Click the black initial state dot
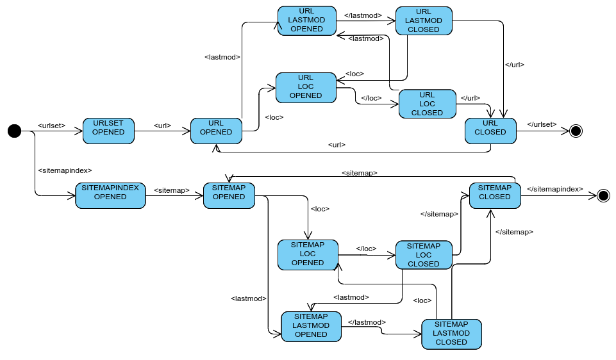pyautogui.click(x=14, y=131)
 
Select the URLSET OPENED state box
pyautogui.click(x=108, y=131)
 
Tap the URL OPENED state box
pyautogui.click(x=216, y=131)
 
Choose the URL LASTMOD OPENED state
pyautogui.click(x=306, y=20)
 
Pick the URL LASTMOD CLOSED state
pyautogui.click(x=424, y=20)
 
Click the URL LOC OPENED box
pyautogui.click(x=306, y=87)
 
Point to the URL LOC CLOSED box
pyautogui.click(x=427, y=104)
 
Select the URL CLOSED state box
pyautogui.click(x=490, y=131)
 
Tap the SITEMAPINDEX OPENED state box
pyautogui.click(x=110, y=195)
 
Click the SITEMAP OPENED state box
pyautogui.click(x=229, y=195)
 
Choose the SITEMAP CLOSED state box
pyautogui.click(x=494, y=195)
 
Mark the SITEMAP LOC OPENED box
pyautogui.click(x=307, y=254)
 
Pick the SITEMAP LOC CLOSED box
pyautogui.click(x=423, y=254)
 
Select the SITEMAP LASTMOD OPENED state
pyautogui.click(x=311, y=325)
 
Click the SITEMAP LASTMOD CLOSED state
pyautogui.click(x=451, y=333)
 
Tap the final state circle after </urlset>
pyautogui.click(x=576, y=131)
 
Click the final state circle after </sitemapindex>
pyautogui.click(x=603, y=195)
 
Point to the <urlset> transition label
pyautogui.click(x=52, y=125)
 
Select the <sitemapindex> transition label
pyautogui.click(x=65, y=170)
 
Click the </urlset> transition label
pyautogui.click(x=542, y=124)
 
